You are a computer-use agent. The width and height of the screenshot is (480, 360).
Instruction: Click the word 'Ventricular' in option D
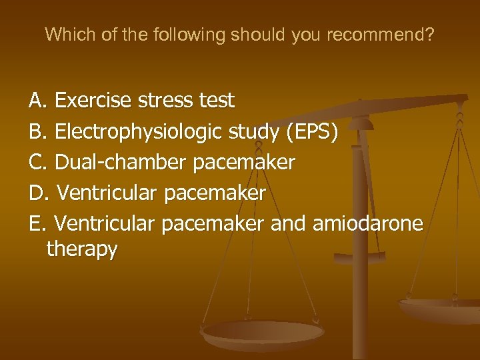(x=107, y=193)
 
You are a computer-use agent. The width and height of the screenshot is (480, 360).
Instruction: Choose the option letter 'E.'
(x=38, y=223)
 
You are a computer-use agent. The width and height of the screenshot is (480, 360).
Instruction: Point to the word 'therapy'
(x=82, y=249)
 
